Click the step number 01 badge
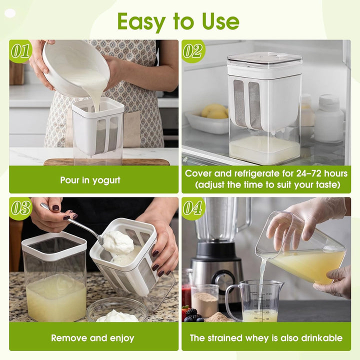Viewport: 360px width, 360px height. [20, 51]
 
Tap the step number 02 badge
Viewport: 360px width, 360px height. [193, 51]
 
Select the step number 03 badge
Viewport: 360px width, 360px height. [20, 208]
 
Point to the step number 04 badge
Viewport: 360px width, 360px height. [193, 208]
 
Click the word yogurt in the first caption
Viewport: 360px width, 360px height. [106, 180]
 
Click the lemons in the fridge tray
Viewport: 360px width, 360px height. [214, 111]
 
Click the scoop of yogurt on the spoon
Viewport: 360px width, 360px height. [118, 243]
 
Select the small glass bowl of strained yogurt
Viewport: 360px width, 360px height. [117, 310]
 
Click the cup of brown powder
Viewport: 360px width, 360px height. [205, 300]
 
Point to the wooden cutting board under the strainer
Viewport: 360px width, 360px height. [107, 162]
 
